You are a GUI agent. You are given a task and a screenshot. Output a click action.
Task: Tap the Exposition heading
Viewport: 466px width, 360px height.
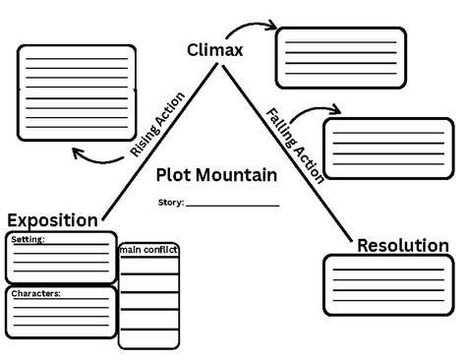point(52,220)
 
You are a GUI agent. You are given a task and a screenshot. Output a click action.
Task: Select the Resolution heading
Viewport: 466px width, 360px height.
point(402,245)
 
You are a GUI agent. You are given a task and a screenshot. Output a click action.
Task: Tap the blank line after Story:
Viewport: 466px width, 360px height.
point(232,205)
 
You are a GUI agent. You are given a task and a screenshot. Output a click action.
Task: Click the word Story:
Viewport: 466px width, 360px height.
point(171,203)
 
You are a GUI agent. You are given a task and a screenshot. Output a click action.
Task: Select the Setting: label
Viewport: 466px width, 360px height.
point(28,239)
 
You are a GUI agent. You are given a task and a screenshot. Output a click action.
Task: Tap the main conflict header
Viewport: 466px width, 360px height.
point(148,250)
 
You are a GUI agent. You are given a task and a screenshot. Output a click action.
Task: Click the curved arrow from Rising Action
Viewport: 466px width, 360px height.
point(98,154)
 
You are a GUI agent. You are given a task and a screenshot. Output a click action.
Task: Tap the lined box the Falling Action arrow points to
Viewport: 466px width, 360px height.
point(388,148)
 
